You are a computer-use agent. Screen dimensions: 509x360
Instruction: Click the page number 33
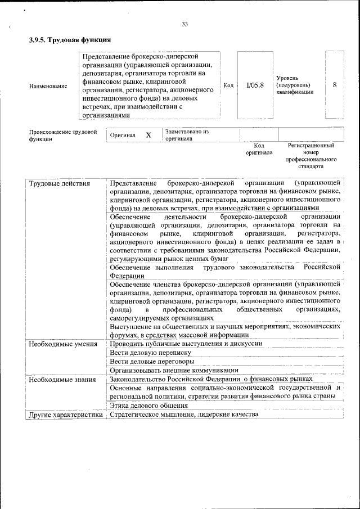(184, 24)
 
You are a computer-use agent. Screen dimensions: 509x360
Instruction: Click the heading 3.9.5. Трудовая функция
(69, 40)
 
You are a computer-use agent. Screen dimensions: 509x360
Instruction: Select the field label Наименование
(48, 86)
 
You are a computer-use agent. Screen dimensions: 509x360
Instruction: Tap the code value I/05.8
(255, 85)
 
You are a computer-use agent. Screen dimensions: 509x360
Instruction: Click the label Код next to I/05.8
(228, 85)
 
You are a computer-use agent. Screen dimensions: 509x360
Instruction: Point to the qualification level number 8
(335, 85)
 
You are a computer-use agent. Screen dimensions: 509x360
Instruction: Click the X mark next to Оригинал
(148, 136)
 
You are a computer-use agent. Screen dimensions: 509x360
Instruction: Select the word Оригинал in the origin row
(123, 136)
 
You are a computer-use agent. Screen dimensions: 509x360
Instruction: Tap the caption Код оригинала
(259, 149)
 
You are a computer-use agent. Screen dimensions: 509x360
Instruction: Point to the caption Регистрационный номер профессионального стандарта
(311, 156)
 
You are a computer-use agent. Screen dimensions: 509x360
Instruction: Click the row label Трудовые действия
(56, 184)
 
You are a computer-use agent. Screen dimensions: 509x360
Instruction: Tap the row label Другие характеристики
(66, 415)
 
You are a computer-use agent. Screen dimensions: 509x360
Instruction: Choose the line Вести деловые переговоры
(152, 361)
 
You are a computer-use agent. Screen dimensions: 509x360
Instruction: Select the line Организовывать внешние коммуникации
(174, 370)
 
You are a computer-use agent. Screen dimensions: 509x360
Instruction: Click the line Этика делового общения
(148, 406)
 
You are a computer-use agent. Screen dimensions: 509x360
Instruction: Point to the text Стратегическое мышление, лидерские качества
(184, 415)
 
